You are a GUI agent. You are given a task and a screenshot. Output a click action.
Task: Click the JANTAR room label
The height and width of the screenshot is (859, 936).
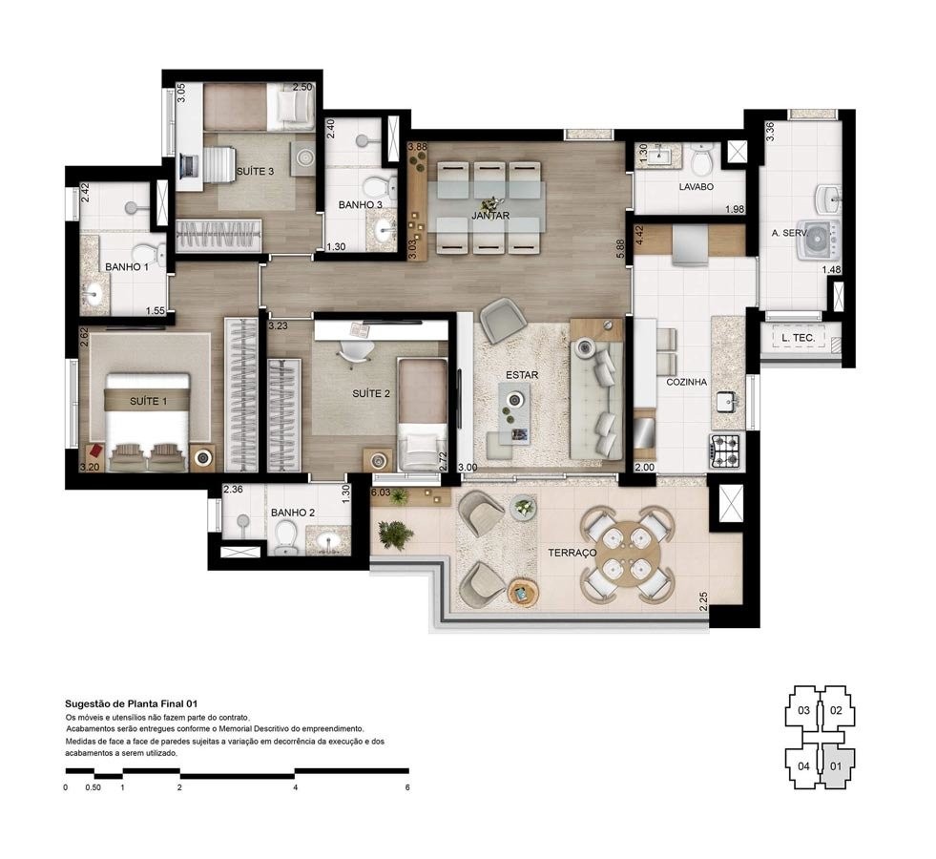490,216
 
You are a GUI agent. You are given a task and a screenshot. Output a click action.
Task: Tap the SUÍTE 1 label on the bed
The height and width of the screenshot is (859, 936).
148,401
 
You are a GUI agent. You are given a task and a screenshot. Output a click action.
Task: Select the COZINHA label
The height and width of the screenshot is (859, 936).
686,382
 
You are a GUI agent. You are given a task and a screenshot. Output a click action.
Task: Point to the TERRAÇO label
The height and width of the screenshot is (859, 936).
572,553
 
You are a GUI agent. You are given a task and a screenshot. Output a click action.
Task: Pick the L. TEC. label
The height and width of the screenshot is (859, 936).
797,339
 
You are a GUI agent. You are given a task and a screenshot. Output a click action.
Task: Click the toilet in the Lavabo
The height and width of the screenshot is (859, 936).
703,157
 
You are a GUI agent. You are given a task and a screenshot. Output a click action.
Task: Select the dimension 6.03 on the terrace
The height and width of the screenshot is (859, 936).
380,493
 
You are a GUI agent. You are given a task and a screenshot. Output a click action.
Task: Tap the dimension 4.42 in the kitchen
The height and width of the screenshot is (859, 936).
640,234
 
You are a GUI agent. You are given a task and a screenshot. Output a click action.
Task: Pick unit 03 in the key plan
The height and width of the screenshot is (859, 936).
804,710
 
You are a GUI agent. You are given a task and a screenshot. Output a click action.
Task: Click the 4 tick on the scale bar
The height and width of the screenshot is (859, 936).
295,787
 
